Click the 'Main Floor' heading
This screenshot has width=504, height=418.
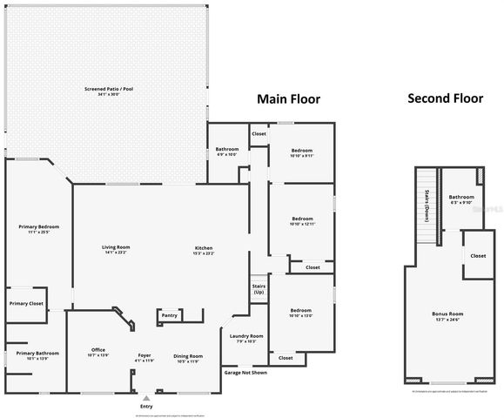pyautogui.click(x=287, y=99)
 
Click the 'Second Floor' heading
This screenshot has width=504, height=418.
pyautogui.click(x=445, y=98)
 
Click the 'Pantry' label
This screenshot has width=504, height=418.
pyautogui.click(x=170, y=315)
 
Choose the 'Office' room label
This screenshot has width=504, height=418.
pyautogui.click(x=98, y=350)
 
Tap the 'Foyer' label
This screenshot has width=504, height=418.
pyautogui.click(x=144, y=355)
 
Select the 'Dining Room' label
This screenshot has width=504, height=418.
pyautogui.click(x=188, y=355)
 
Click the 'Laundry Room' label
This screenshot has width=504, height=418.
pyautogui.click(x=246, y=336)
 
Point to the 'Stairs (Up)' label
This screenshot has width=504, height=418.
pyautogui.click(x=259, y=288)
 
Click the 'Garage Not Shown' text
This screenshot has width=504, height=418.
pyautogui.click(x=245, y=373)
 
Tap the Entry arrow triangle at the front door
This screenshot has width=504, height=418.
pyautogui.click(x=145, y=398)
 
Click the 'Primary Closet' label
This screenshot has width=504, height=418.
pyautogui.click(x=26, y=303)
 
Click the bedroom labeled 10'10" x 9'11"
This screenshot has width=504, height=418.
pyautogui.click(x=302, y=151)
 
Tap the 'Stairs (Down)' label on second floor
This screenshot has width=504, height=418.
pyautogui.click(x=428, y=206)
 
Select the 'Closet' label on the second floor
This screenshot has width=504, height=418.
pyautogui.click(x=478, y=256)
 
